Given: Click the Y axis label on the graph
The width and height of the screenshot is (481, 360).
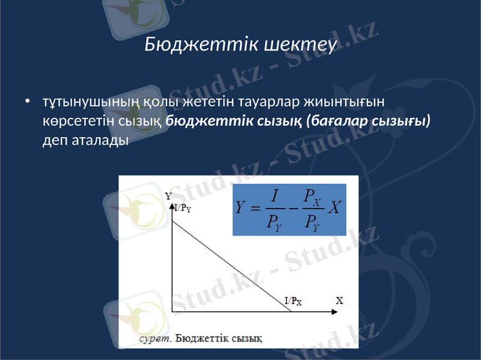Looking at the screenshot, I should [168, 195].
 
